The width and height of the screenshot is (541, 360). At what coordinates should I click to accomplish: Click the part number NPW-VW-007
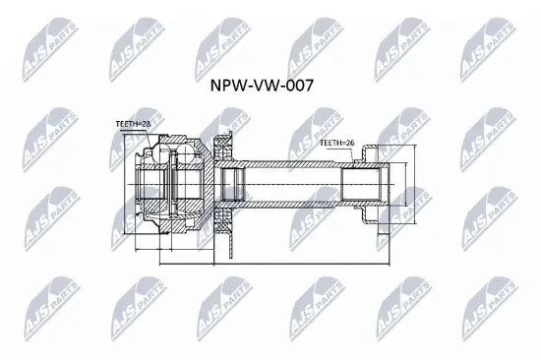point(263,86)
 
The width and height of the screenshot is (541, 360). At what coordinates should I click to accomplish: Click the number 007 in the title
point(299,86)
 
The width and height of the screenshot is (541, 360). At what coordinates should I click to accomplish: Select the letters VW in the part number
point(265,86)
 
